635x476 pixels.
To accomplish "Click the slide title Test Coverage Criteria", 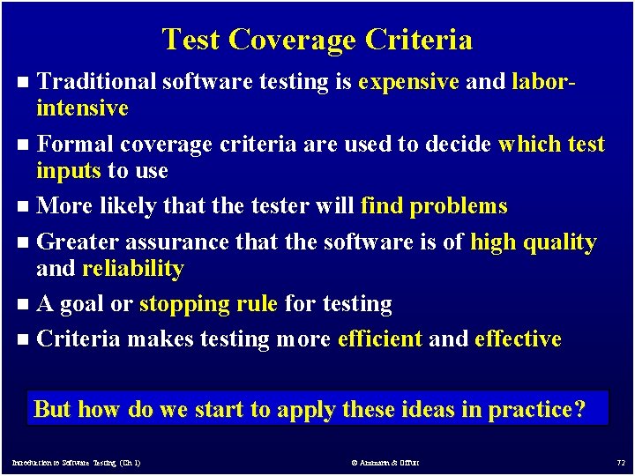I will pos(317,40).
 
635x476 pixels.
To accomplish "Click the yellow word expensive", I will pos(409,82).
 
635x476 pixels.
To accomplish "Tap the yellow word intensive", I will pos(82,108).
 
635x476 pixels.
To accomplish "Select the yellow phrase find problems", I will pos(434,206).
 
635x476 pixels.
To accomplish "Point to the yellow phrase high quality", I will pos(534,242).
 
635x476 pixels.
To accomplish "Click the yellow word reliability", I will pos(132,268).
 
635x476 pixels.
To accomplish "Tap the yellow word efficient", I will pos(380,338).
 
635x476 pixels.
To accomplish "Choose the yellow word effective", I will pos(518,338).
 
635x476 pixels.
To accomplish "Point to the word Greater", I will pos(81,242).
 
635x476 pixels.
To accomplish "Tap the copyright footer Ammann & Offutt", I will pos(385,462).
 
